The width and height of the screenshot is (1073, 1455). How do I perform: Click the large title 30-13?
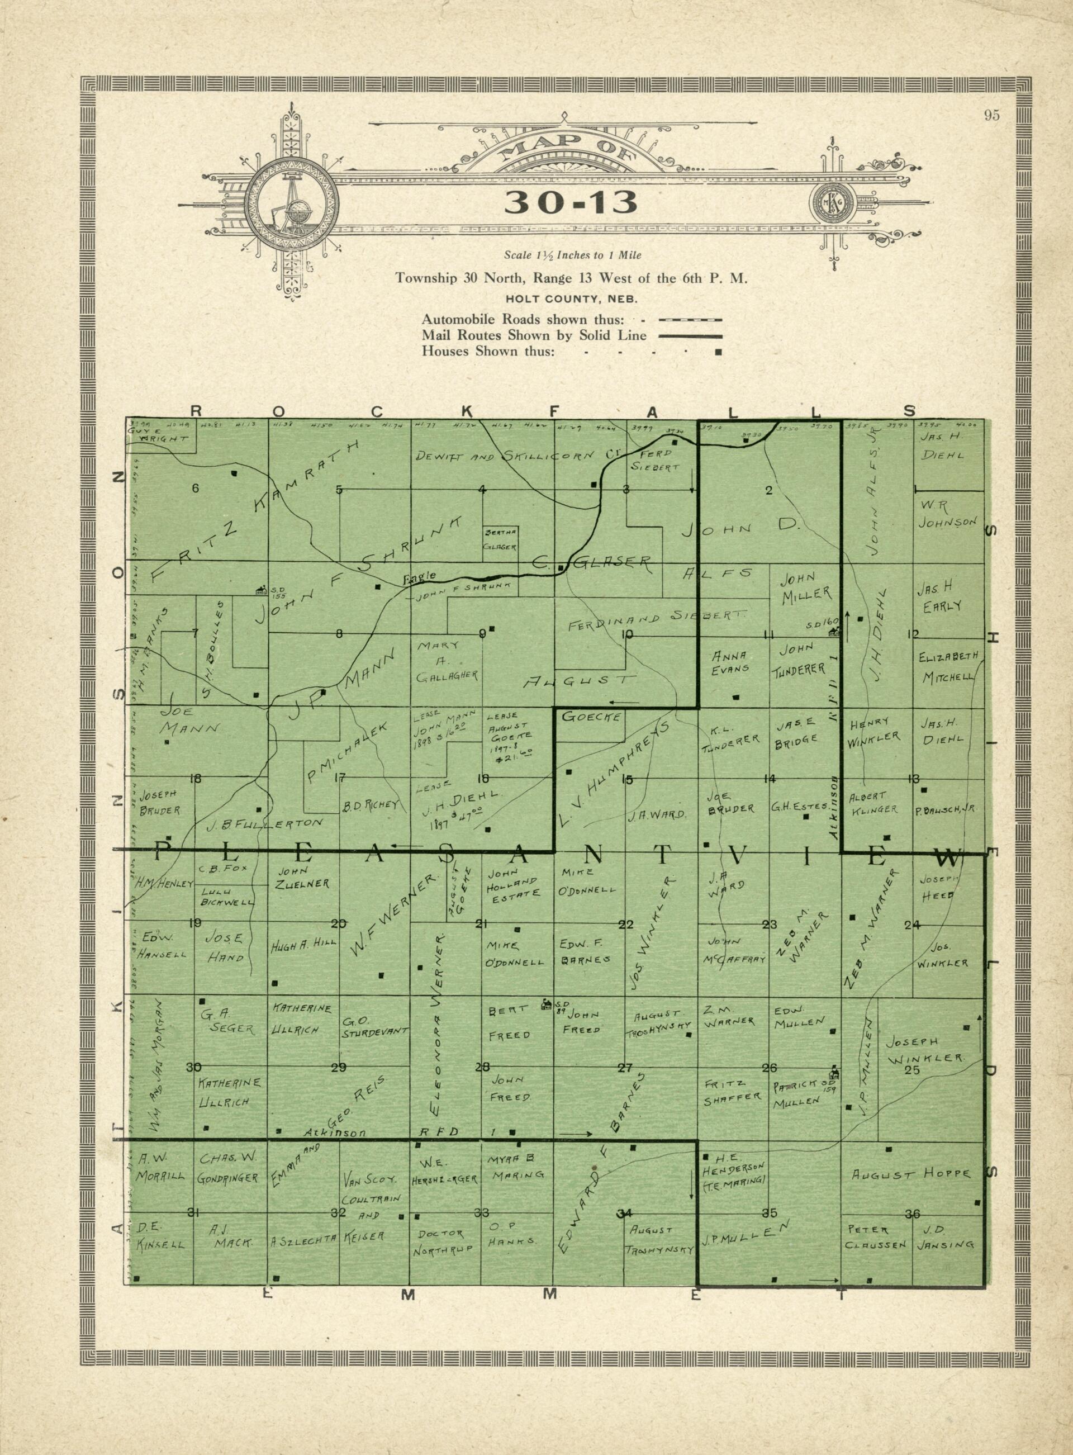(x=571, y=203)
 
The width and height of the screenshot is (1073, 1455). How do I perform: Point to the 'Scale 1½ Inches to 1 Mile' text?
(x=572, y=255)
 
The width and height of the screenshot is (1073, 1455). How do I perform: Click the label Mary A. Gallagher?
(x=448, y=661)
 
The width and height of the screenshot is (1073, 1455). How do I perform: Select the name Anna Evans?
(x=732, y=661)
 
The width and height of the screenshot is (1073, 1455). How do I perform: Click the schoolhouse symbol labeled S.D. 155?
(x=261, y=589)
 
